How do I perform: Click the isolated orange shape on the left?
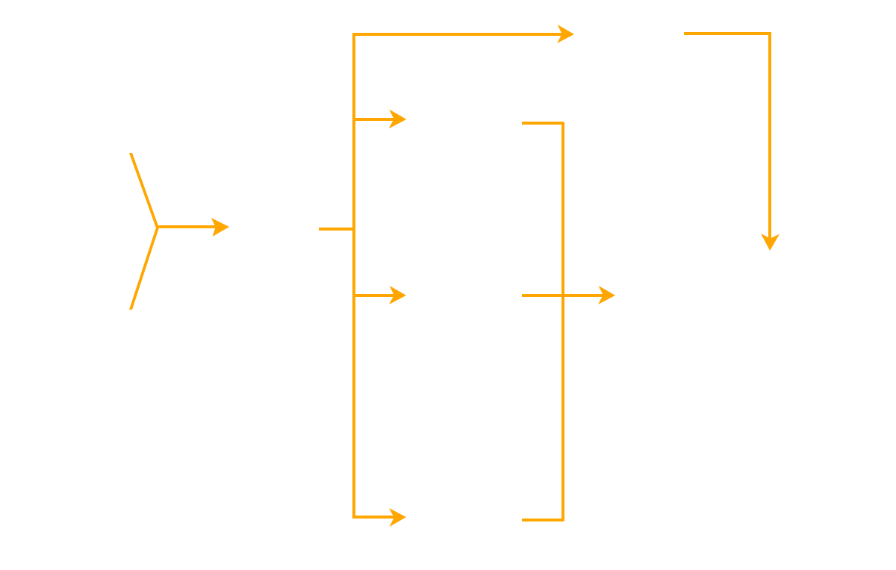coord(142,224)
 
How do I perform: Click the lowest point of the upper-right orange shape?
coord(769,253)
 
